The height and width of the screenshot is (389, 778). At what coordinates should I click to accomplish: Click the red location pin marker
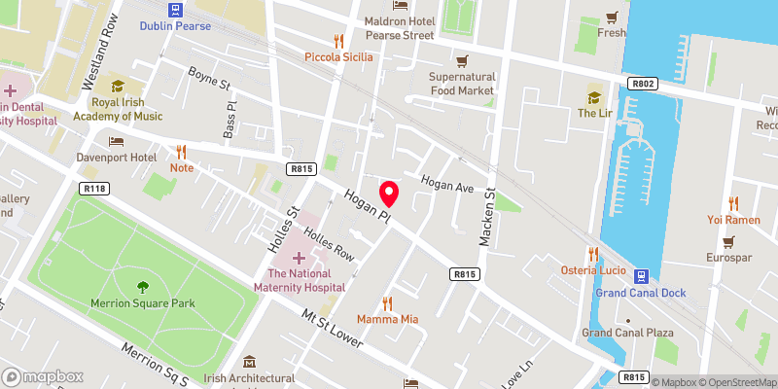(x=389, y=192)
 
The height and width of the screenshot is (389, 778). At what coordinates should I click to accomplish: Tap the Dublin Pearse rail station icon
(x=175, y=10)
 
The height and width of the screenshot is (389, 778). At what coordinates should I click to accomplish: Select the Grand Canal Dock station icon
(x=642, y=277)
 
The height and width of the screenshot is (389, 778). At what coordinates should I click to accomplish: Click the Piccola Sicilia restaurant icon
(x=338, y=41)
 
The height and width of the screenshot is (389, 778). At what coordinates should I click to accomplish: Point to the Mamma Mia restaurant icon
(x=387, y=303)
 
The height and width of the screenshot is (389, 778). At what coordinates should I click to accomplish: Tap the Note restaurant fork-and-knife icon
(x=181, y=152)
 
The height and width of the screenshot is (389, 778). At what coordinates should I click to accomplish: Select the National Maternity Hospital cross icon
(x=299, y=258)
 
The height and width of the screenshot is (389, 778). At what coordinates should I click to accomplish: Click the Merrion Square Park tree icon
(x=144, y=287)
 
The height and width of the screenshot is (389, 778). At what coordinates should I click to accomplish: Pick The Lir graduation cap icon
(x=593, y=97)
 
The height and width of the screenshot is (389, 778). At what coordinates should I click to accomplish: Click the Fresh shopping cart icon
(x=612, y=18)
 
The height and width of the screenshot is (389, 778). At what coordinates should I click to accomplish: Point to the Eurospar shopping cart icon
(x=729, y=241)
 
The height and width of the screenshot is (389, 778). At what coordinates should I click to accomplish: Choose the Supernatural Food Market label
(x=462, y=84)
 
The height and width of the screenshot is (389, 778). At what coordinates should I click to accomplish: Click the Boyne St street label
(x=208, y=73)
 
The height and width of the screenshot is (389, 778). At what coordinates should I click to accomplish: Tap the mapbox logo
(x=44, y=376)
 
